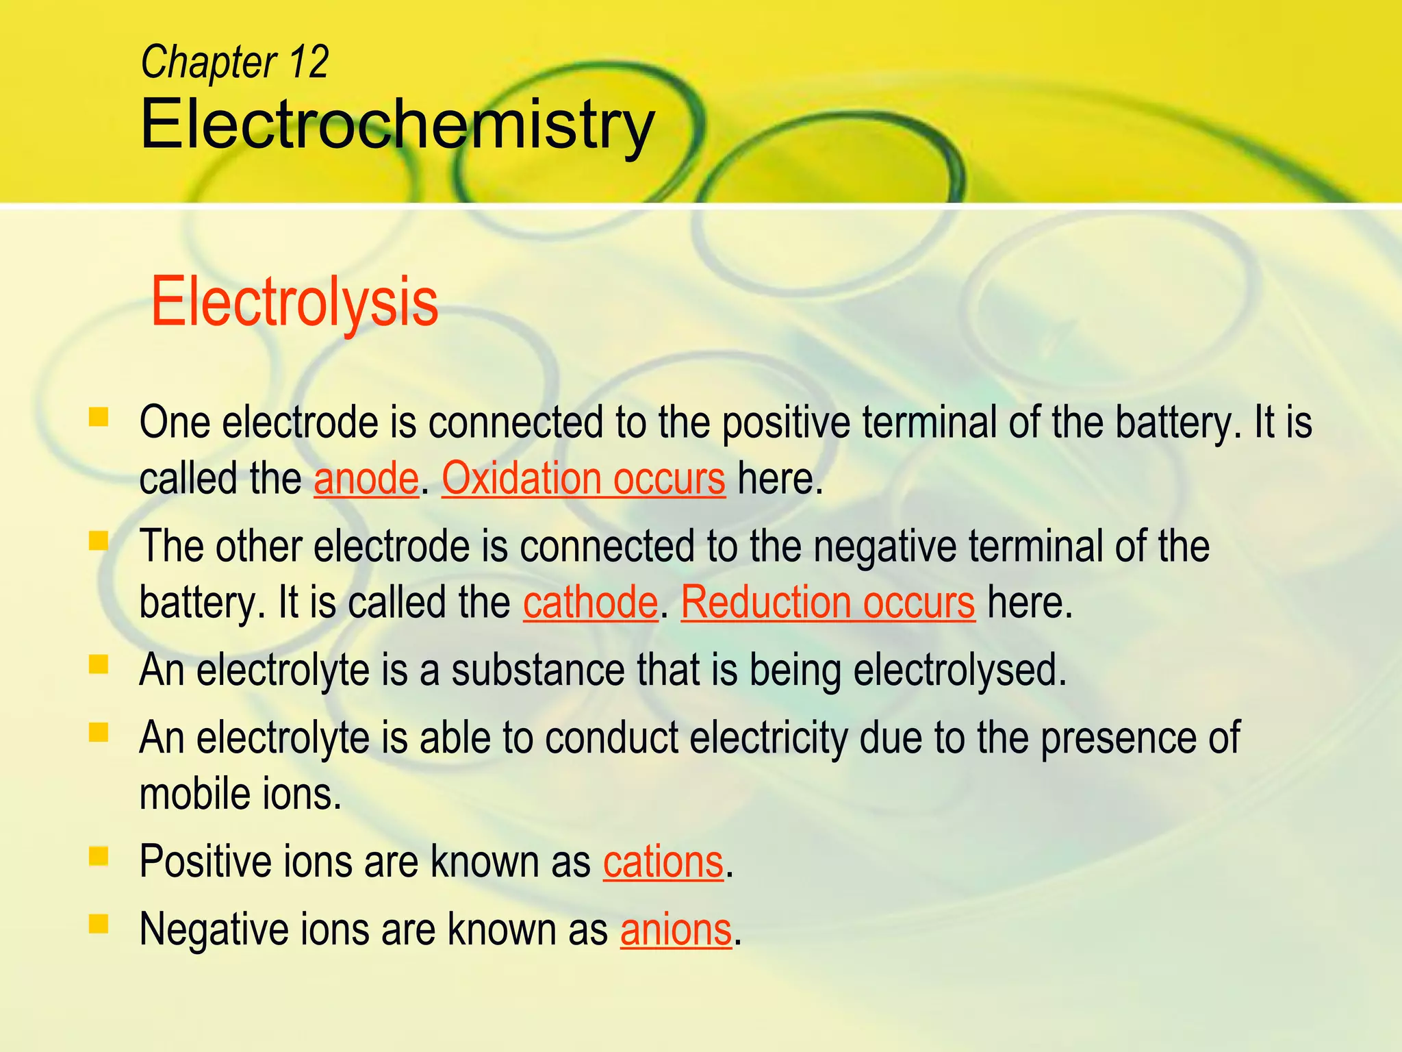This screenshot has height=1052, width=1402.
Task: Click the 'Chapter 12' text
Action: [234, 62]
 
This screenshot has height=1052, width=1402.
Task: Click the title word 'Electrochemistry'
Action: [397, 125]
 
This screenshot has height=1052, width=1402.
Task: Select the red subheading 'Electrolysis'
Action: [294, 302]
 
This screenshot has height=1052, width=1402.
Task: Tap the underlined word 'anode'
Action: [366, 479]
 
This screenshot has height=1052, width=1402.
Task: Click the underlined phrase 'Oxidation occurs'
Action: [583, 479]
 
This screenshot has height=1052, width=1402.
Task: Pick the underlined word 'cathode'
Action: [590, 603]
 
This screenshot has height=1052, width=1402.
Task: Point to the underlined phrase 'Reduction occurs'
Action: [828, 603]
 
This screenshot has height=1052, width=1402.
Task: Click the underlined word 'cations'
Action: [663, 862]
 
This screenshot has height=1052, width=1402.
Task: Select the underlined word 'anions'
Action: [676, 930]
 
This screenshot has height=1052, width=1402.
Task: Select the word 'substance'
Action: [537, 670]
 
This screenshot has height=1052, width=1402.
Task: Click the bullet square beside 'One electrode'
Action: [99, 417]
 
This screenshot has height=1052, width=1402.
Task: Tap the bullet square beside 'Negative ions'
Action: [99, 925]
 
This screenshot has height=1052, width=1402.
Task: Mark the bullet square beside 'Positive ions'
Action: [99, 856]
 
